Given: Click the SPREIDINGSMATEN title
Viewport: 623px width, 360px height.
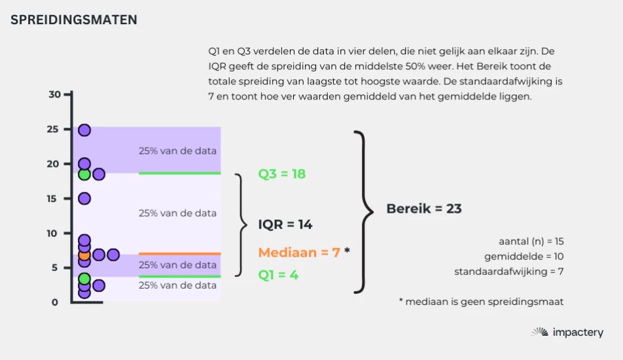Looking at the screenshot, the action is coord(74,20).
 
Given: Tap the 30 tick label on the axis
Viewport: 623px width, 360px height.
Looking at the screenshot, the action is coord(54,94).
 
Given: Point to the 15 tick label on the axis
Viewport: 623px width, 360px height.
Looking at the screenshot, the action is coord(52,199).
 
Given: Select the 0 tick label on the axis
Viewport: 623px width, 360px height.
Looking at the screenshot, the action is coord(55,302).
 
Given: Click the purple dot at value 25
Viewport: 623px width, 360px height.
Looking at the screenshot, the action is coord(84,130).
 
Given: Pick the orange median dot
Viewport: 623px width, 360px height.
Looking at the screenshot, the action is coord(84,255).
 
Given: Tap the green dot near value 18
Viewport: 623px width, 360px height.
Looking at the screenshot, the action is coord(84,174).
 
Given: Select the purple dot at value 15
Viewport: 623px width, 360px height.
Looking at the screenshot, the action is coord(84,198).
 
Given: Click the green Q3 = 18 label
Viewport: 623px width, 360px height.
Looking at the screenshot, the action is coord(281,174).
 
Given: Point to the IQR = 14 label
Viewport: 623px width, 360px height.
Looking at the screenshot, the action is coord(285,225).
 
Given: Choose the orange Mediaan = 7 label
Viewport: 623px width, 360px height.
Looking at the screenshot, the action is coord(299,252).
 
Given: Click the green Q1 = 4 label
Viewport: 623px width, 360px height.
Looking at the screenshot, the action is coord(278,274).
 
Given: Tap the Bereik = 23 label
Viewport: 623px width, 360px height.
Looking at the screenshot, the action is coord(424,209).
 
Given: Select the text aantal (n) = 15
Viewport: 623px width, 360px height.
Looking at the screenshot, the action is coord(531,241).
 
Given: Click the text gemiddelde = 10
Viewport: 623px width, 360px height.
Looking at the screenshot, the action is coord(524,257).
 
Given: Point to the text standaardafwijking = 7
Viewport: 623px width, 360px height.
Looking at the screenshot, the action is coord(509,272).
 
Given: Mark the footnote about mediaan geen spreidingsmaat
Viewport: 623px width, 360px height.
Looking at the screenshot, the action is coord(481,302).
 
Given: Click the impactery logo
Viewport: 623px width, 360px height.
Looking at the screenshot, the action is coord(567,333).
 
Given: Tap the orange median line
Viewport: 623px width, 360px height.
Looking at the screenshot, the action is coord(179,253).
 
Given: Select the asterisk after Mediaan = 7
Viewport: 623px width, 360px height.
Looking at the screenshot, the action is coord(347,250).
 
